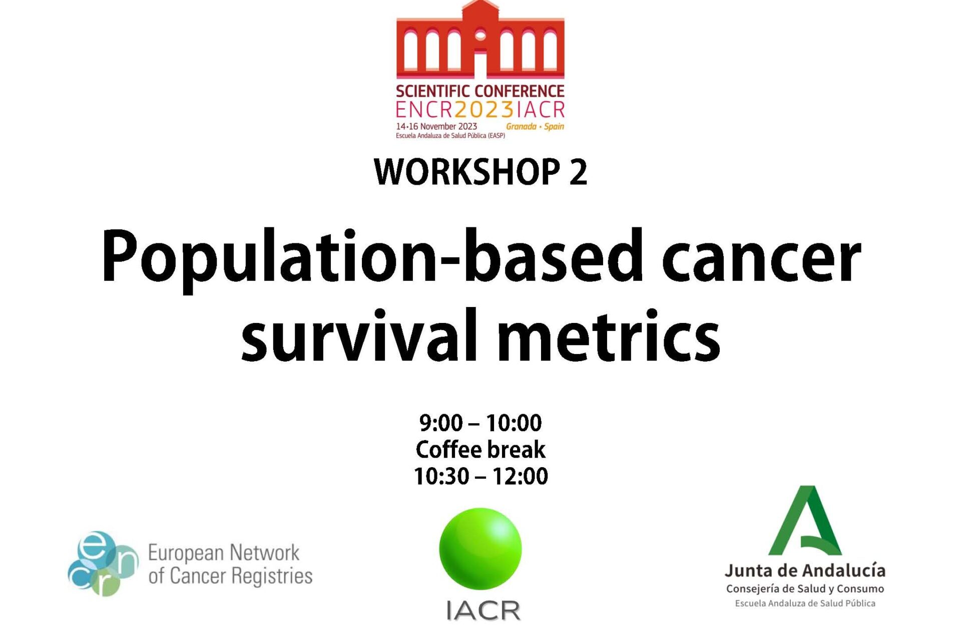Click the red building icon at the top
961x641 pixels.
coord(480,40)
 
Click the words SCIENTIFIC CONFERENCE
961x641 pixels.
coord(480,91)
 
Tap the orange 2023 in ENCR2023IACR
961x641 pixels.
coord(484,109)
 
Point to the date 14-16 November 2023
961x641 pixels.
coord(436,126)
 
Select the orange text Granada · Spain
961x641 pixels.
coord(535,126)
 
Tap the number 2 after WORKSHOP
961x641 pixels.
coord(578,172)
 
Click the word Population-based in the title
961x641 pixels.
coord(372,260)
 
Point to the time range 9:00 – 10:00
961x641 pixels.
coord(480,423)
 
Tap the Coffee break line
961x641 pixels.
coord(480,449)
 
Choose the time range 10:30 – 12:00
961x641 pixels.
coord(480,476)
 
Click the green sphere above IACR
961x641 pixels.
coord(480,549)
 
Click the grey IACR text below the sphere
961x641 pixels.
coord(484,610)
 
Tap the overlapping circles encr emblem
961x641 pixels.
coord(103,564)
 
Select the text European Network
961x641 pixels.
coord(224,553)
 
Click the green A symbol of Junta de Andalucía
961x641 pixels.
coord(805,521)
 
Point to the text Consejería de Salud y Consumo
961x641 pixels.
coord(805,589)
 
